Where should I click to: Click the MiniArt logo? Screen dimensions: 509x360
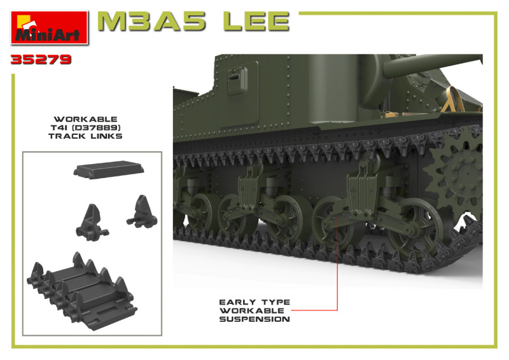pos(50,27)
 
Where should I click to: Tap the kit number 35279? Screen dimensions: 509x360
pos(41,59)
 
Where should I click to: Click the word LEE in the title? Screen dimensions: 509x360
pos(256,22)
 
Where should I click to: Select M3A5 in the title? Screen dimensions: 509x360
pos(152,22)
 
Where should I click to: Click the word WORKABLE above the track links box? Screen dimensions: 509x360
pos(85,119)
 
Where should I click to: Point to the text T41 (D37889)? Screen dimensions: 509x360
pos(85,128)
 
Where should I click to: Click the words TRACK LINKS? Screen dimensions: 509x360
pos(85,136)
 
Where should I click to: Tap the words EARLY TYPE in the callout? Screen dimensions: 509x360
pos(254,302)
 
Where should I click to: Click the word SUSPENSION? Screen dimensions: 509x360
pos(254,319)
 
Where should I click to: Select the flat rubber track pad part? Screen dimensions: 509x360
pos(109,169)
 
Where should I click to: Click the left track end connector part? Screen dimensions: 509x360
pos(92,223)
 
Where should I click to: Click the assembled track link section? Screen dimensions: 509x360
pos(82,291)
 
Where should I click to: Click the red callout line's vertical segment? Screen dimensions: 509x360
pos(338,262)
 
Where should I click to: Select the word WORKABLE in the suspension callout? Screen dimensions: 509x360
pos(251,310)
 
